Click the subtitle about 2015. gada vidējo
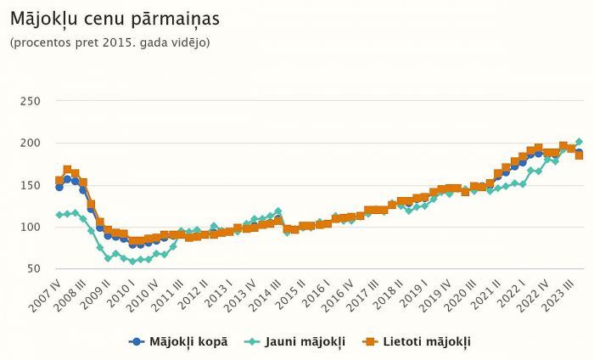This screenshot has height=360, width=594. tap(109, 42)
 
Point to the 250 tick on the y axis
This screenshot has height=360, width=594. tap(31, 101)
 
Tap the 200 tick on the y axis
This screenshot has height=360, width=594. tap(31, 143)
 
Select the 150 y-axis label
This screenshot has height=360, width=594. tap(31, 185)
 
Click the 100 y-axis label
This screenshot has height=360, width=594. tap(31, 227)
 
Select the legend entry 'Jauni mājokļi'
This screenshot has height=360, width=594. tap(295, 341)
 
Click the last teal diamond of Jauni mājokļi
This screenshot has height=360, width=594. tap(580, 142)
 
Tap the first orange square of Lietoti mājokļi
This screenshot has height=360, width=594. tap(59, 180)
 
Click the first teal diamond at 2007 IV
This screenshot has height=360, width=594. tap(59, 215)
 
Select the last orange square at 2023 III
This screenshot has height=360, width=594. tap(580, 155)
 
